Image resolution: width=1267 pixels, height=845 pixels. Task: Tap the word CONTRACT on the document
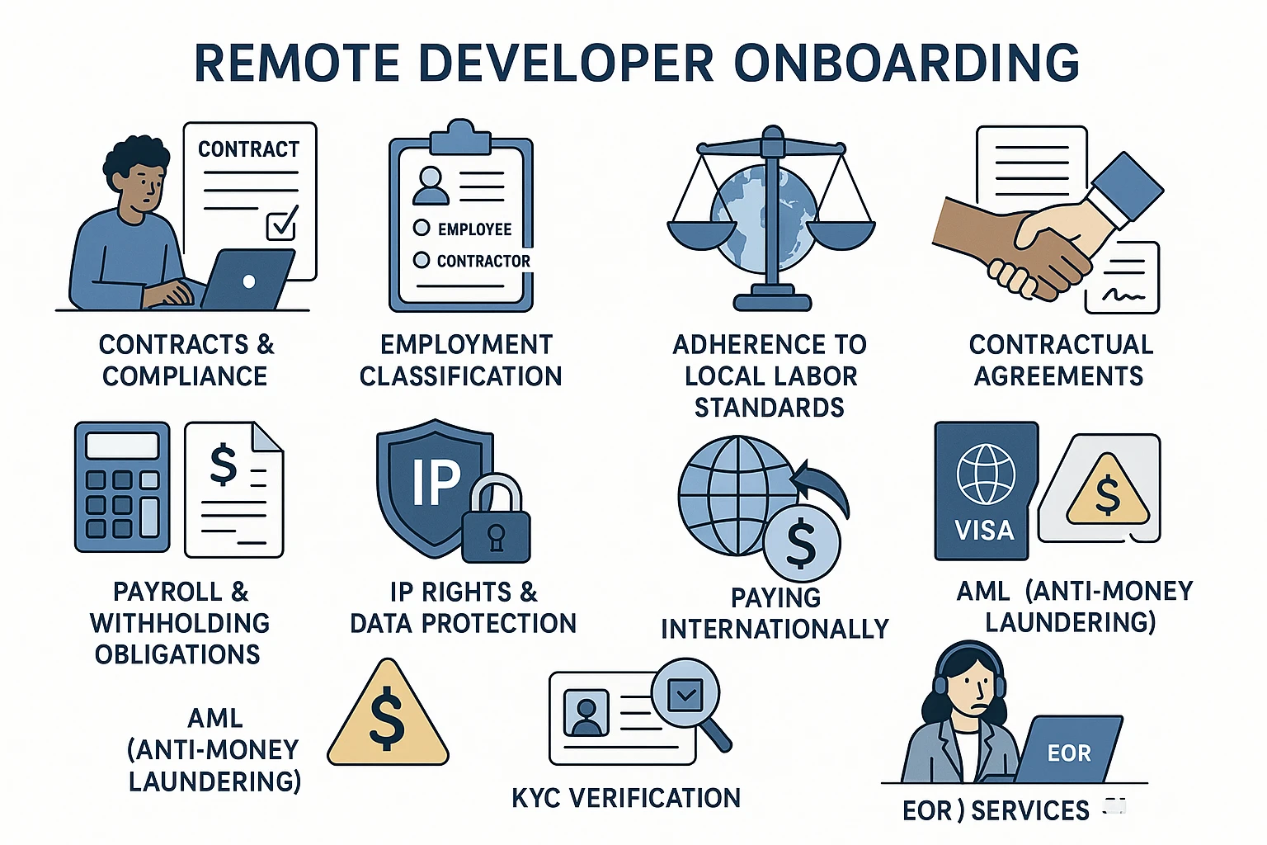[248, 149]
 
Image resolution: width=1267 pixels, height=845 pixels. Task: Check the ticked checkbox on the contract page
[281, 223]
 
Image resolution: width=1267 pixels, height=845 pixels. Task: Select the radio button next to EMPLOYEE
[422, 228]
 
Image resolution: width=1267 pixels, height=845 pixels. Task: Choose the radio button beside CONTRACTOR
[422, 260]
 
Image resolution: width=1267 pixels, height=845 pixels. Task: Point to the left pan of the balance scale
[702, 234]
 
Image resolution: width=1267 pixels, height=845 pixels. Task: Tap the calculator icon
[122, 487]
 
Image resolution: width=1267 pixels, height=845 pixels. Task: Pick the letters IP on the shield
[436, 482]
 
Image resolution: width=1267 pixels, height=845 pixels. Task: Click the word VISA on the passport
[984, 530]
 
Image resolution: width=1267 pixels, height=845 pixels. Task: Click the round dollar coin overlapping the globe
[801, 544]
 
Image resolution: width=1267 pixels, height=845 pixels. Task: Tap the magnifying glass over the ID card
[689, 698]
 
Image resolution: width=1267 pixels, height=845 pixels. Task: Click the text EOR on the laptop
[1069, 753]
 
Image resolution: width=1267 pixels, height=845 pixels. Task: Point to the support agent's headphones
[941, 682]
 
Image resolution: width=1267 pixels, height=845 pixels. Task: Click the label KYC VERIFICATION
[626, 798]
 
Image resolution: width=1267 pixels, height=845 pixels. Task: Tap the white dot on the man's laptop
[248, 281]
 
